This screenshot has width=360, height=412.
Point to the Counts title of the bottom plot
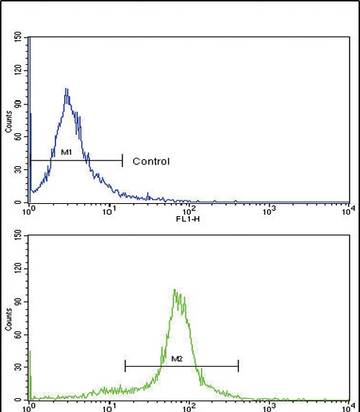coord(8,316)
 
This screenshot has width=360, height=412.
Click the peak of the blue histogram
coord(66,89)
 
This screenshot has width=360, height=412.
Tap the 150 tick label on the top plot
coord(18,37)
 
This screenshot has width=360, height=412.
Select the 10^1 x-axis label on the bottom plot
coord(109,407)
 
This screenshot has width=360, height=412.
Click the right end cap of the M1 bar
coord(122,160)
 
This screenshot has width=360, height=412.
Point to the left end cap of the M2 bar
coord(125,366)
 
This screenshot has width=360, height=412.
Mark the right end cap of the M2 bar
coord(238,366)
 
